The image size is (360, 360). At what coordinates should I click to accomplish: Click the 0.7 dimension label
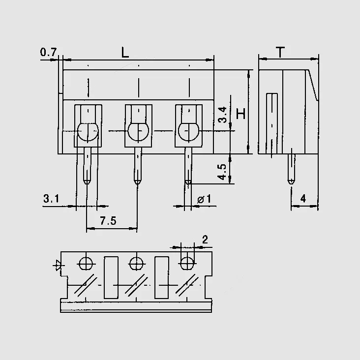48,52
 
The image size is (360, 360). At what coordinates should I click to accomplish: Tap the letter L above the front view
125,53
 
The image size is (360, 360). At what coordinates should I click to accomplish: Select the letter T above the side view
280,52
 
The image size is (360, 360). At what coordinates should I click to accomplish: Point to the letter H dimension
241,114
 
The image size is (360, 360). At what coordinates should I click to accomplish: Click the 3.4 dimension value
222,115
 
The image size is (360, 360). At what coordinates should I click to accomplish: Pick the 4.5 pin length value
222,172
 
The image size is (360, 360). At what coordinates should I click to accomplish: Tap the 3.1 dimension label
51,199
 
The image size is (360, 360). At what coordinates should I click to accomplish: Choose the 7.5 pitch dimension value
108,221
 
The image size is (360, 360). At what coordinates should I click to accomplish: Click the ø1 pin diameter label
204,199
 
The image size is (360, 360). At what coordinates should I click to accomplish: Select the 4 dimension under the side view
303,199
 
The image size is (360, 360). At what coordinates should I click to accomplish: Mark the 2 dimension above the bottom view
205,240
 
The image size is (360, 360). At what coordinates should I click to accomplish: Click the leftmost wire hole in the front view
88,132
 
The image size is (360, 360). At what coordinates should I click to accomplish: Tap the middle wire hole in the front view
138,132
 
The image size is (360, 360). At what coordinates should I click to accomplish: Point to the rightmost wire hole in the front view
189,132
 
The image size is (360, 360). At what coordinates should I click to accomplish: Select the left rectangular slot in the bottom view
111,277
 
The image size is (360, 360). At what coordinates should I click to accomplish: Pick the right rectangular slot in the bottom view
162,277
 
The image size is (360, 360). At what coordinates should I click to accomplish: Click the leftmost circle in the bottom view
86,263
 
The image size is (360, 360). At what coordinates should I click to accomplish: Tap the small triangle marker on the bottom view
58,266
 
